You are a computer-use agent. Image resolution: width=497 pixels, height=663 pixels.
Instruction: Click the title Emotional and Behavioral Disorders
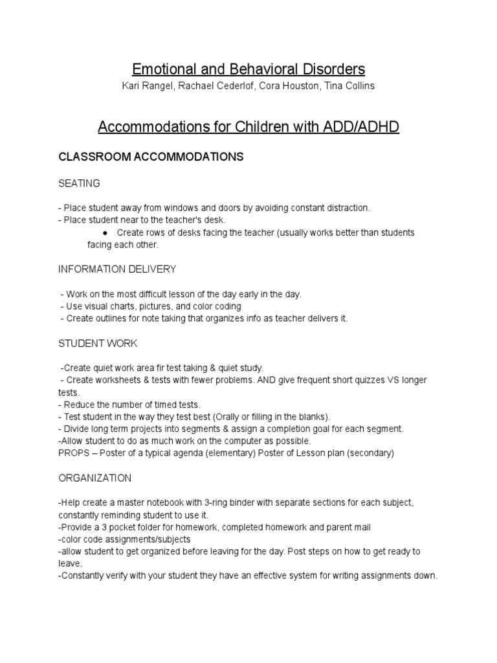pyautogui.click(x=248, y=69)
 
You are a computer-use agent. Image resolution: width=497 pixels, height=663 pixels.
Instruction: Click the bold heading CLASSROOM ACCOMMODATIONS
pyautogui.click(x=151, y=157)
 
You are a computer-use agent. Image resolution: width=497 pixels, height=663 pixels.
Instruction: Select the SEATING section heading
pyautogui.click(x=79, y=183)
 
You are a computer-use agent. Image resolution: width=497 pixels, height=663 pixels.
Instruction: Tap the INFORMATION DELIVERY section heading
pyautogui.click(x=117, y=269)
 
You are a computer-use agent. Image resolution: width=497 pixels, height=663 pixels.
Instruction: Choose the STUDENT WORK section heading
pyautogui.click(x=98, y=343)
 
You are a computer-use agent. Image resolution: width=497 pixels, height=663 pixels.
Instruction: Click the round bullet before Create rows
pyautogui.click(x=105, y=232)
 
